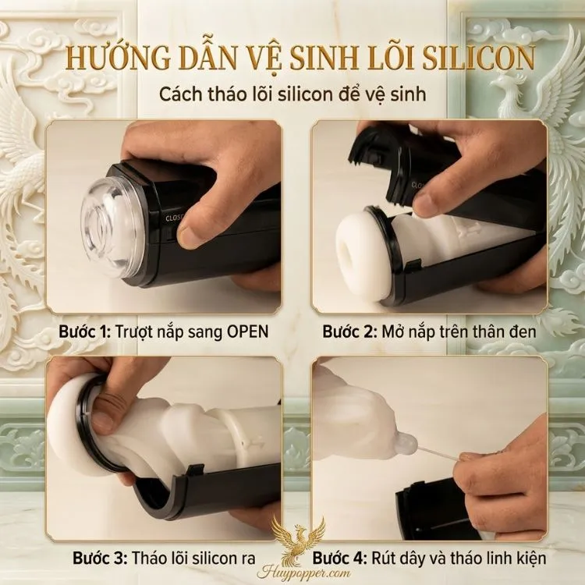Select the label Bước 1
[x=84, y=331]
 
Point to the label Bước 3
[x=100, y=558]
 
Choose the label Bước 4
[x=339, y=558]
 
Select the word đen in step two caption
[x=522, y=331]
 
